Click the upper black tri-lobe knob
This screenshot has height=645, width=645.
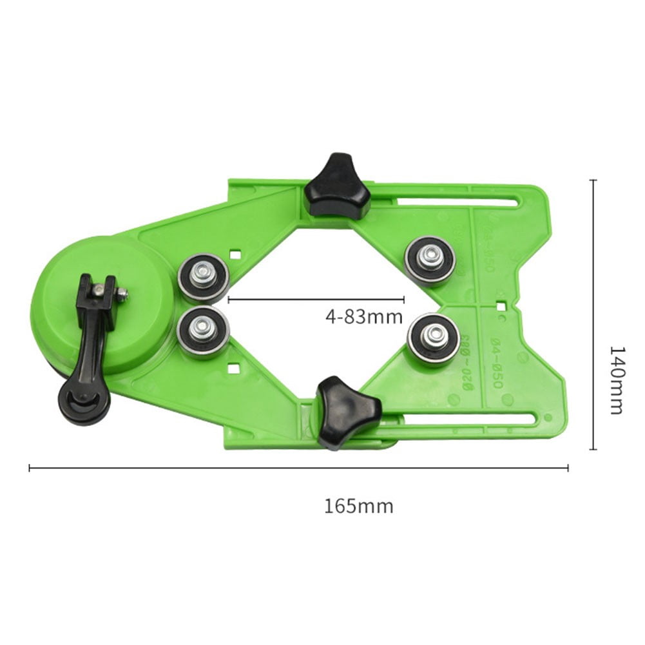pos(337,186)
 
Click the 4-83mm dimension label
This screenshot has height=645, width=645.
pos(363,317)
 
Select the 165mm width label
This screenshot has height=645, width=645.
pos(358,505)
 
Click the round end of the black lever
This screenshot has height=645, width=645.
pos(84,401)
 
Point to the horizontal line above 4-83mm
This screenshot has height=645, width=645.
pos(316,299)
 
